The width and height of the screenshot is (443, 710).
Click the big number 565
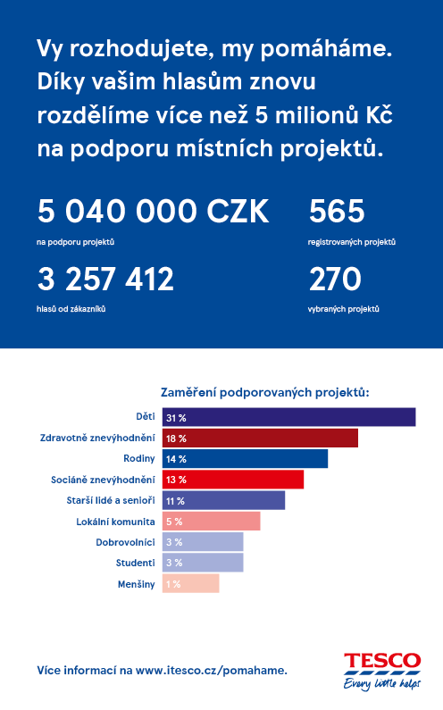pos(337,211)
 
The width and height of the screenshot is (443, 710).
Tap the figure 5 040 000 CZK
pos(153,211)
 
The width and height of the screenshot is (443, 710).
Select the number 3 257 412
pos(105,279)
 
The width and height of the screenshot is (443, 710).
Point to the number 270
pos(335,279)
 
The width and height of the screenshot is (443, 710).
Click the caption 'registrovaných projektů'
pos(352,242)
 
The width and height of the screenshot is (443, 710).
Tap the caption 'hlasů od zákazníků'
pos(71,309)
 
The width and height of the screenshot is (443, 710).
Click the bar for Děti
pos(289,417)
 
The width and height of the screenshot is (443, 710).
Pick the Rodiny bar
pos(245,459)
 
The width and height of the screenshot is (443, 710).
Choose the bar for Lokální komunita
pos(212,522)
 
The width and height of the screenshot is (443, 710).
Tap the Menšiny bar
pos(191,584)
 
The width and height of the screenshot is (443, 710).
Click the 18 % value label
pos(176,439)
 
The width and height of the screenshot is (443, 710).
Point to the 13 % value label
pos(176,480)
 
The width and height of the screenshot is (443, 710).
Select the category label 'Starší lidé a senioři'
pos(111,500)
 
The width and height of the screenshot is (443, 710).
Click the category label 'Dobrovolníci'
pos(125,542)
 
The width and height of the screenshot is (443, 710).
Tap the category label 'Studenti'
pos(136,563)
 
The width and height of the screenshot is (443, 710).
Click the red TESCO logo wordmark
pos(382,661)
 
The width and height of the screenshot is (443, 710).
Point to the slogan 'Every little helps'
pos(382,683)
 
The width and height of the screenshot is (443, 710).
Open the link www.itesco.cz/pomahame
pos(211,671)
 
